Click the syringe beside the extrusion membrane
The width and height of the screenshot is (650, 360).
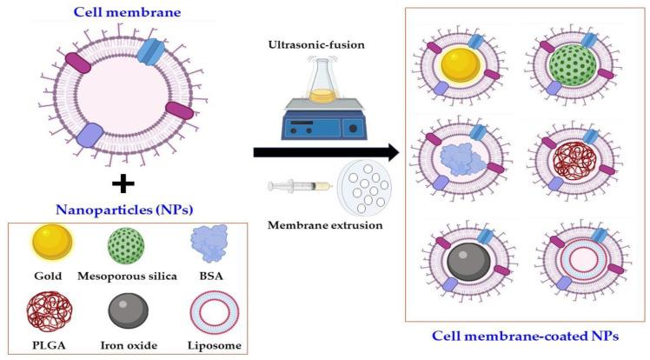[x=300, y=186]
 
